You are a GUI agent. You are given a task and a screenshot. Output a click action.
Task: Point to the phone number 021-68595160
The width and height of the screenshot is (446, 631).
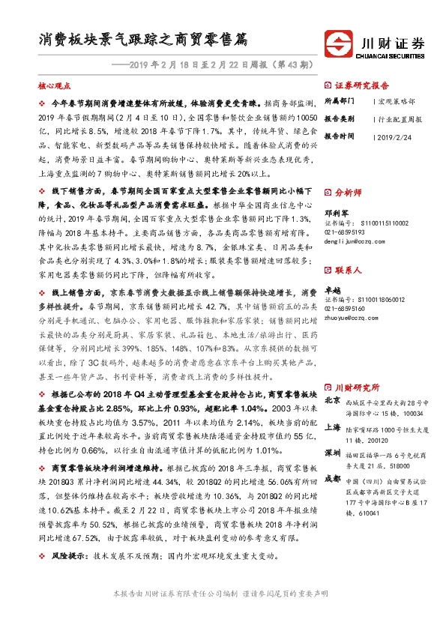pos(346,309)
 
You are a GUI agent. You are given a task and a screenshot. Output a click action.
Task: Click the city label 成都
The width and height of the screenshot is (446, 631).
pos(332,478)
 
